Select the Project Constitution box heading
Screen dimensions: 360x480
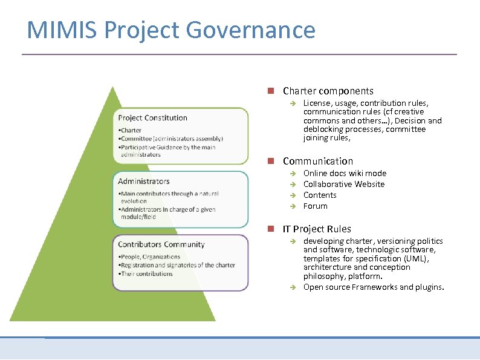pyautogui.click(x=152, y=118)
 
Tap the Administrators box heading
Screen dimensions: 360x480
pyautogui.click(x=144, y=181)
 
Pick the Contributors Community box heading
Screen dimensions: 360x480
pyautogui.click(x=161, y=244)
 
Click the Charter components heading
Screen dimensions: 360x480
pyautogui.click(x=328, y=91)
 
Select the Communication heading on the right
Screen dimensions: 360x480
pyautogui.click(x=317, y=161)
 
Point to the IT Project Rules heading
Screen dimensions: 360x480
pyautogui.click(x=316, y=229)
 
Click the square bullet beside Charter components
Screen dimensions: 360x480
pyautogui.click(x=271, y=91)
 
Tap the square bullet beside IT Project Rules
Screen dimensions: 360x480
pyautogui.click(x=271, y=229)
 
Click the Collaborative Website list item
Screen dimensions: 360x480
pyautogui.click(x=343, y=184)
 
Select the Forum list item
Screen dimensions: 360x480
pyautogui.click(x=315, y=206)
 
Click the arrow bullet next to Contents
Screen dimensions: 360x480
pyautogui.click(x=291, y=195)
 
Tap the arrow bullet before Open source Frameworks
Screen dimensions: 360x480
pyautogui.click(x=291, y=287)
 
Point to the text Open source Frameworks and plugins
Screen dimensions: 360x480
pyautogui.click(x=373, y=287)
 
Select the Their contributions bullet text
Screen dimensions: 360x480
pyautogui.click(x=147, y=273)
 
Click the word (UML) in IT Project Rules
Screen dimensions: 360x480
pyautogui.click(x=418, y=258)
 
